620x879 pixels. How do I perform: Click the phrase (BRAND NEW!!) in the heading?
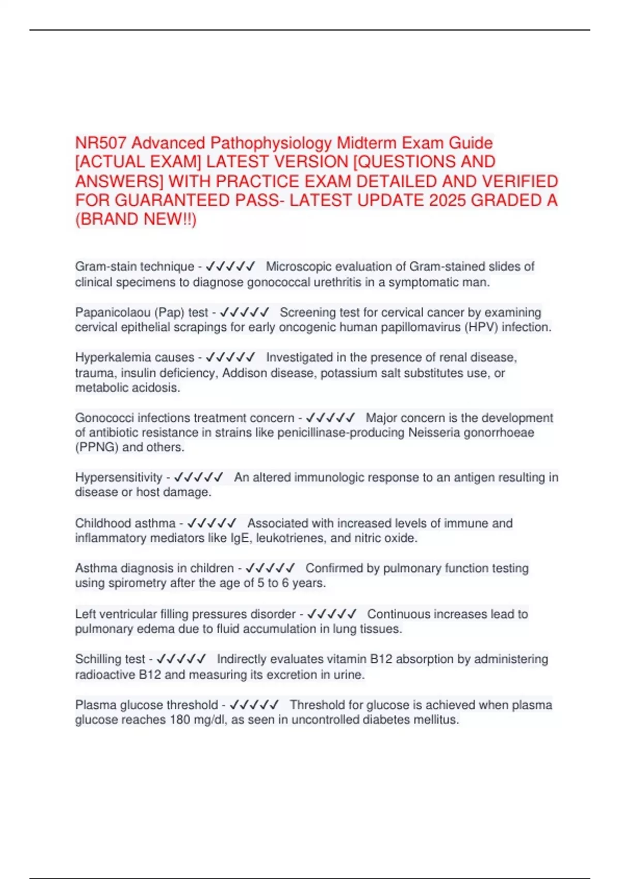pyautogui.click(x=136, y=219)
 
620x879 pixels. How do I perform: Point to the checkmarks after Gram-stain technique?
pyautogui.click(x=230, y=267)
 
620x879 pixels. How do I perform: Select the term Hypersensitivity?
pyautogui.click(x=119, y=477)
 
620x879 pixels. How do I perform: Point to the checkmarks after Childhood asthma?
pyautogui.click(x=212, y=523)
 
